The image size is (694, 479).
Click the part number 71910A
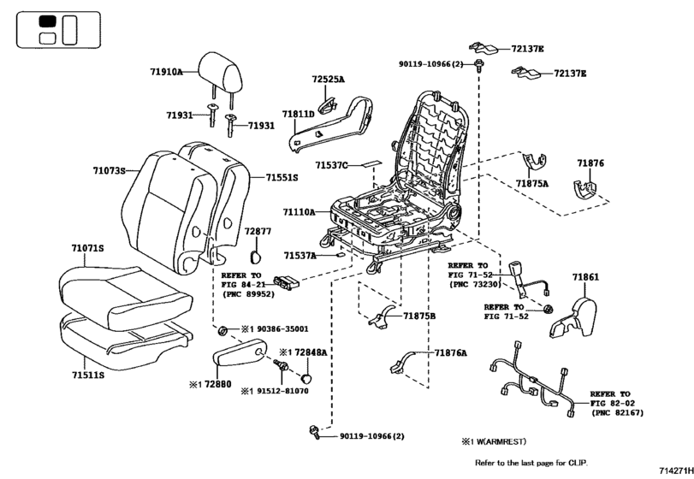[169, 74]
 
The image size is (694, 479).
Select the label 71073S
[109, 171]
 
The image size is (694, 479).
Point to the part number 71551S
[281, 177]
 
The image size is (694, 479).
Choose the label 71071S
[87, 248]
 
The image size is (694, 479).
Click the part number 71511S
[87, 375]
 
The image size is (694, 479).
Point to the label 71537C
[330, 165]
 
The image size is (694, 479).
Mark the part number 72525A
[328, 80]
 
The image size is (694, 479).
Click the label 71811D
[298, 114]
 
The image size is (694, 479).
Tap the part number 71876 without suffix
[590, 163]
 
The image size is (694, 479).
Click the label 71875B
[419, 316]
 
